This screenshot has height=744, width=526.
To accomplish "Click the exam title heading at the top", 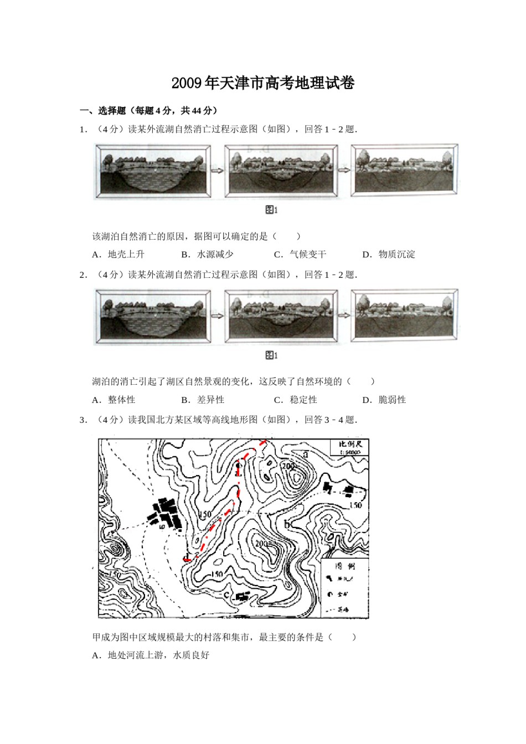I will (x=262, y=84).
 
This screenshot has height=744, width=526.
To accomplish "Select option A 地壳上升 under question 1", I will (x=118, y=255).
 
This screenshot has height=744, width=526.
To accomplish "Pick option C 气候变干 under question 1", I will (x=301, y=255).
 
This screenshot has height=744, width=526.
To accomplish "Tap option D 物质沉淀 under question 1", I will (x=389, y=255).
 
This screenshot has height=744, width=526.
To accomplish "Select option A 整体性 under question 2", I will (x=114, y=400).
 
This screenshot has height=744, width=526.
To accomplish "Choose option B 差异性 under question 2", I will (x=203, y=400).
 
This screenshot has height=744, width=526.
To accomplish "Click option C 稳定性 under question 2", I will (x=296, y=400).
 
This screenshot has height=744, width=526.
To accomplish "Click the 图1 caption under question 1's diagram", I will (x=271, y=210).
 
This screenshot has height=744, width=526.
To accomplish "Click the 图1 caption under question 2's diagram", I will (x=271, y=355).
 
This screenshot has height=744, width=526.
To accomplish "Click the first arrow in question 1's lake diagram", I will (x=217, y=170).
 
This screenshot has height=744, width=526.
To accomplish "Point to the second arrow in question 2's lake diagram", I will (x=344, y=316).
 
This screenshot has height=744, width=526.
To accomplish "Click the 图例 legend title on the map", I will (x=345, y=566).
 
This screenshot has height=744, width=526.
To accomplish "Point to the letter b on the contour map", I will (x=287, y=524).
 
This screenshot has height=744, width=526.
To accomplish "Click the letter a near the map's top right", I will (x=305, y=454).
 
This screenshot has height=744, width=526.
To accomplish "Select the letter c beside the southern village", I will (x=226, y=595).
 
